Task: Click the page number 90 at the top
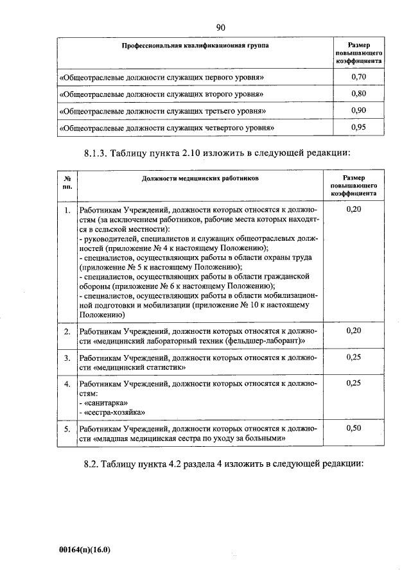tap(220, 27)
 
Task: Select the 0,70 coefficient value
tap(358, 78)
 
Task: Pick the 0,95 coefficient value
tap(358, 127)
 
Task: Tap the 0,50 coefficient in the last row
tap(353, 427)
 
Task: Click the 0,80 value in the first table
tap(358, 94)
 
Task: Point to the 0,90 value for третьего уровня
tap(358, 110)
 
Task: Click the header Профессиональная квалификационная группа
tap(196, 46)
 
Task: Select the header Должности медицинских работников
tap(200, 179)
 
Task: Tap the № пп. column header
tap(67, 184)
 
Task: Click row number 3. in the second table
tap(67, 358)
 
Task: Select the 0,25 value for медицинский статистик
tap(353, 357)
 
